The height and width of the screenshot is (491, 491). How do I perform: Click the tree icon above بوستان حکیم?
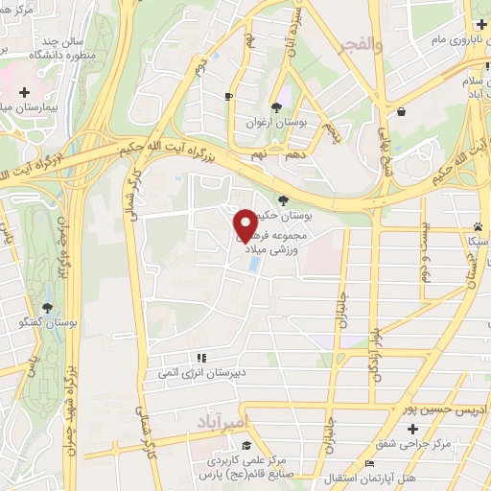281,199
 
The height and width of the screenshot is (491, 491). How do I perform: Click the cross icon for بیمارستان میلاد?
25,93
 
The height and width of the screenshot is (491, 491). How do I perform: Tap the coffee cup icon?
228,96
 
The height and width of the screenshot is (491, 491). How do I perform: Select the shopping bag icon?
401,111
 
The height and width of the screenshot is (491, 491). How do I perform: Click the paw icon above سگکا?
477,226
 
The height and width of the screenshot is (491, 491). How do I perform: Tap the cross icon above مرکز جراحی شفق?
412,428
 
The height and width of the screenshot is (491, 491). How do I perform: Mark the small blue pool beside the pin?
252,262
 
